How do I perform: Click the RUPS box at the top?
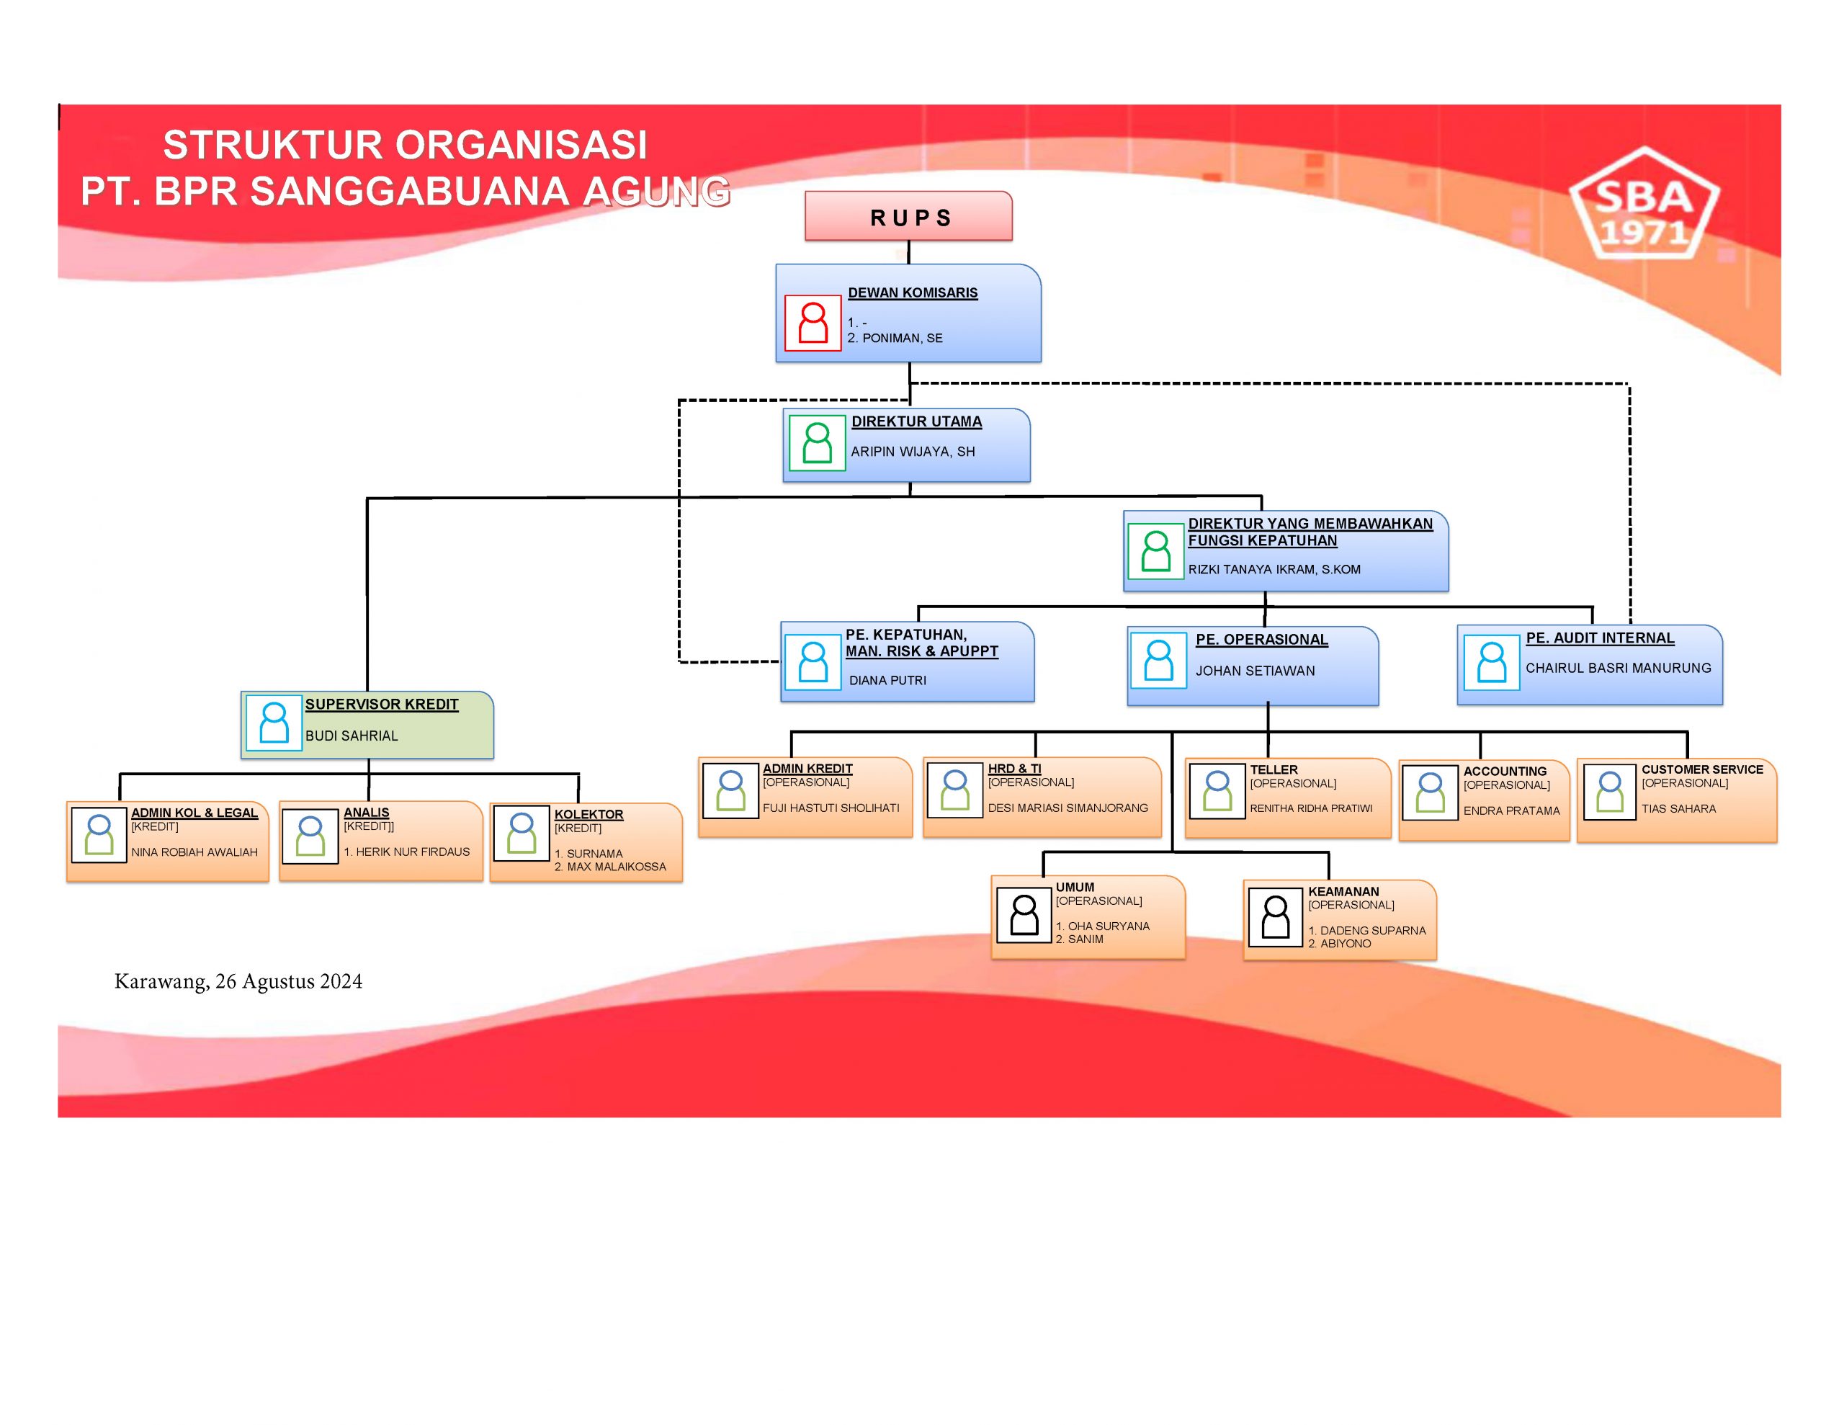click(908, 217)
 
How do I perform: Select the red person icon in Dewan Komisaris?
click(813, 323)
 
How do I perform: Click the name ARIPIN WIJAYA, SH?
click(913, 452)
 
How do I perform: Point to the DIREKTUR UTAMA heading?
click(916, 421)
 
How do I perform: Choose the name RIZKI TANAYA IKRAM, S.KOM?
click(1274, 569)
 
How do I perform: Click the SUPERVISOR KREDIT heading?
click(382, 705)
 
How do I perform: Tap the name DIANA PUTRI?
click(887, 680)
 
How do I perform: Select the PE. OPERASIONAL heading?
click(1261, 640)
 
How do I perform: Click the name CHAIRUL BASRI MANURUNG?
click(1618, 668)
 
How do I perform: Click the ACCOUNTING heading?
click(1505, 771)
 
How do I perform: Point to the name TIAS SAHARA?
click(1678, 809)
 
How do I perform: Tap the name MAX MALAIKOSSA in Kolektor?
click(616, 867)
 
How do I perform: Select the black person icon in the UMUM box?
click(1024, 915)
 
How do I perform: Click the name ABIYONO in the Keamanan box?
click(1345, 944)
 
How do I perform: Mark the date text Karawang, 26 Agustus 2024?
click(238, 981)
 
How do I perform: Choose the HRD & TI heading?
click(1014, 769)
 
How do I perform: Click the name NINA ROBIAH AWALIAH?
click(194, 852)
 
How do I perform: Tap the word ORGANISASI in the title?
click(522, 146)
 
